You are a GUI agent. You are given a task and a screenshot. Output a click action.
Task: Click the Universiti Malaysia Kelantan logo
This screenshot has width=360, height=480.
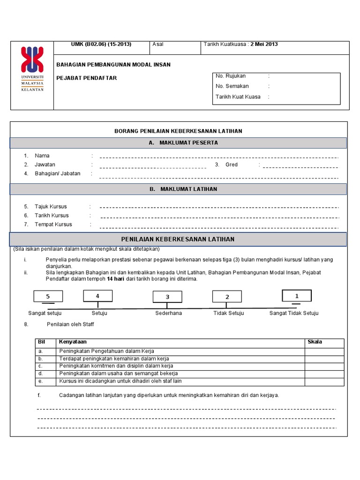click(x=32, y=69)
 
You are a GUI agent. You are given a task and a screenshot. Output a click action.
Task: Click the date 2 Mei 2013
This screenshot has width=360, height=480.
click(x=264, y=45)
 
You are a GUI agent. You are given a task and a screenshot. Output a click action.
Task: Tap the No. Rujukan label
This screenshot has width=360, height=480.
click(x=231, y=76)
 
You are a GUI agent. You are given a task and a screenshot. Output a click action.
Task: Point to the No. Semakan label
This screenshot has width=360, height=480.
click(x=232, y=86)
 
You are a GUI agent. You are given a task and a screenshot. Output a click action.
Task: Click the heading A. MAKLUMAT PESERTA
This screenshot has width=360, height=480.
click(x=178, y=143)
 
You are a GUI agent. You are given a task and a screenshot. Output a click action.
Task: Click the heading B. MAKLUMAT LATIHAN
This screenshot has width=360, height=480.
click(x=178, y=189)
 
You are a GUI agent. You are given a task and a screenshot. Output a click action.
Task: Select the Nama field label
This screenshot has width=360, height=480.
click(x=42, y=156)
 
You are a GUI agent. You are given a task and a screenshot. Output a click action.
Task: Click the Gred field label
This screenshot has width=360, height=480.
click(x=232, y=165)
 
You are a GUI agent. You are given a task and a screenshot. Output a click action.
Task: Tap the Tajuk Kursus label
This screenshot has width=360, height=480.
click(x=51, y=207)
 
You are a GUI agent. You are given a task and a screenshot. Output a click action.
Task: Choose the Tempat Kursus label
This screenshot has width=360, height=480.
click(x=53, y=225)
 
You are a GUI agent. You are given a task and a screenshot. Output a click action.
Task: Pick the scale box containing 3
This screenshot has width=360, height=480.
click(x=167, y=297)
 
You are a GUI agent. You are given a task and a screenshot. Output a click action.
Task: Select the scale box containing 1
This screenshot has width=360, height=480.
click(x=296, y=296)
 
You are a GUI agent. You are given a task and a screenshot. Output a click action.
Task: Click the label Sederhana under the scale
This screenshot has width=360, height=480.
click(x=168, y=313)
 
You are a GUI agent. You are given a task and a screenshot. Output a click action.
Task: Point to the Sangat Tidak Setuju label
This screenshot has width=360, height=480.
click(x=293, y=313)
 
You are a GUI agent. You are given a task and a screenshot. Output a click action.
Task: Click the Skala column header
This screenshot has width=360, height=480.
click(x=315, y=342)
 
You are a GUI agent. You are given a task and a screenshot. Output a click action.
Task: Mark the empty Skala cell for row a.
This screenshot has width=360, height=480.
click(x=324, y=351)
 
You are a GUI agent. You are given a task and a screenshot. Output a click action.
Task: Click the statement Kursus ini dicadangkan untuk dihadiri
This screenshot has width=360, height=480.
click(x=120, y=381)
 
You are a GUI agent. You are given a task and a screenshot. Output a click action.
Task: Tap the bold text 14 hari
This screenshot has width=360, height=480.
click(x=115, y=279)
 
